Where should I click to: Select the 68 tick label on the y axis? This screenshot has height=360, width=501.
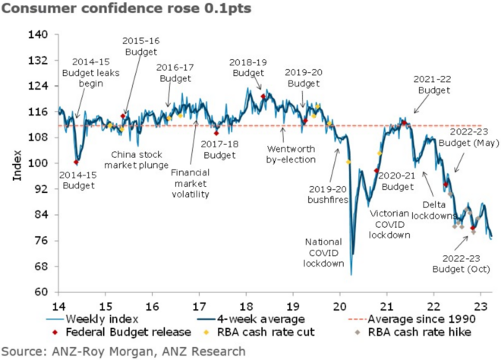(41, 267)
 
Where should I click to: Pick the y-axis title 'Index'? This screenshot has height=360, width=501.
(16, 163)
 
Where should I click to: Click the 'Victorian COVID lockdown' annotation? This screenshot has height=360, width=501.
(389, 224)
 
